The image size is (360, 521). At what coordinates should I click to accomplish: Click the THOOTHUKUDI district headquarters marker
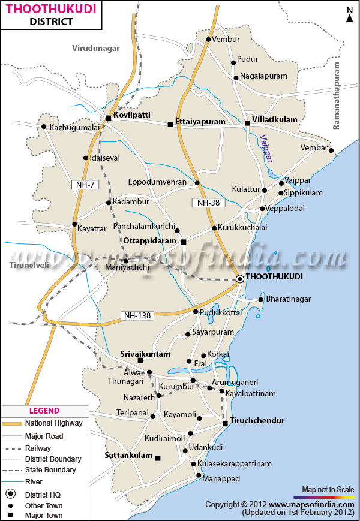[240, 279]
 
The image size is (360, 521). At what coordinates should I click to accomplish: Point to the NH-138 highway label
[138, 315]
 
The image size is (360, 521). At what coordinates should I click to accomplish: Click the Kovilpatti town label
[132, 115]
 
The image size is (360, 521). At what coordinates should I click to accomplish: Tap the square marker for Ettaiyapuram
[170, 124]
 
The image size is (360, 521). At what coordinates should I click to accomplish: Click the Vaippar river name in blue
[266, 149]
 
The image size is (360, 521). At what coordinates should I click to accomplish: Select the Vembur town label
[226, 40]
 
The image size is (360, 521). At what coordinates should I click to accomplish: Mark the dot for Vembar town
[331, 150]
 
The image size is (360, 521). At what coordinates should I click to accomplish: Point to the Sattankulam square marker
[158, 458]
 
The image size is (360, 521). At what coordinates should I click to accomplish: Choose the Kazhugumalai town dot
[44, 127]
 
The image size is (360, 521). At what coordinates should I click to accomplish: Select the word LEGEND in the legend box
[44, 411]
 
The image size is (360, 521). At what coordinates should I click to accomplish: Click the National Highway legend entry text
[55, 423]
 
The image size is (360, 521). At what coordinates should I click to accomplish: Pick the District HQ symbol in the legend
[11, 494]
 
